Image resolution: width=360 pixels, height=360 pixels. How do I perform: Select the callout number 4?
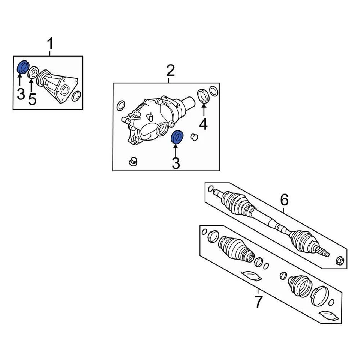coord(203,123)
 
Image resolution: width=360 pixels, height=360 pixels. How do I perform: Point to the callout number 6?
coord(284,200)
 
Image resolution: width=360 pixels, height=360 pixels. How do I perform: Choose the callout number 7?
coord(258,301)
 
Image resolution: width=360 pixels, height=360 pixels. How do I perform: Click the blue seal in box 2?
coord(177,137)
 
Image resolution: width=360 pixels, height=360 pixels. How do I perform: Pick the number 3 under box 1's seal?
coord(21,94)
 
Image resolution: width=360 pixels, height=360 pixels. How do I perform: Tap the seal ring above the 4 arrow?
coord(203,96)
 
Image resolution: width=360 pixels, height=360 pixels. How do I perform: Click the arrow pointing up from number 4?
coord(203,111)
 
